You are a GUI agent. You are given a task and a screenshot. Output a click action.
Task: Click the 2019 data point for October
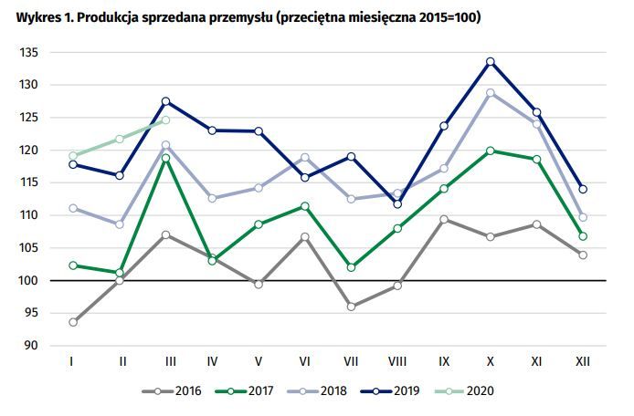click(491, 61)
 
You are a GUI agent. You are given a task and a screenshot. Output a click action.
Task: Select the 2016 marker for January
click(71, 322)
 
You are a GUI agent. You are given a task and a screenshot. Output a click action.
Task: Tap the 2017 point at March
click(165, 158)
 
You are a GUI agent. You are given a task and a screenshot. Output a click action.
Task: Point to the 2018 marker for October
click(491, 92)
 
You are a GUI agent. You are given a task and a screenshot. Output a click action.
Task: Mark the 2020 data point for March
click(165, 120)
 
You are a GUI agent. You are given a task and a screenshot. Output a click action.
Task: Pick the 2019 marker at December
click(583, 189)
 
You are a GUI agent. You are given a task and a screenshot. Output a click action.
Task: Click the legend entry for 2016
click(174, 391)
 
